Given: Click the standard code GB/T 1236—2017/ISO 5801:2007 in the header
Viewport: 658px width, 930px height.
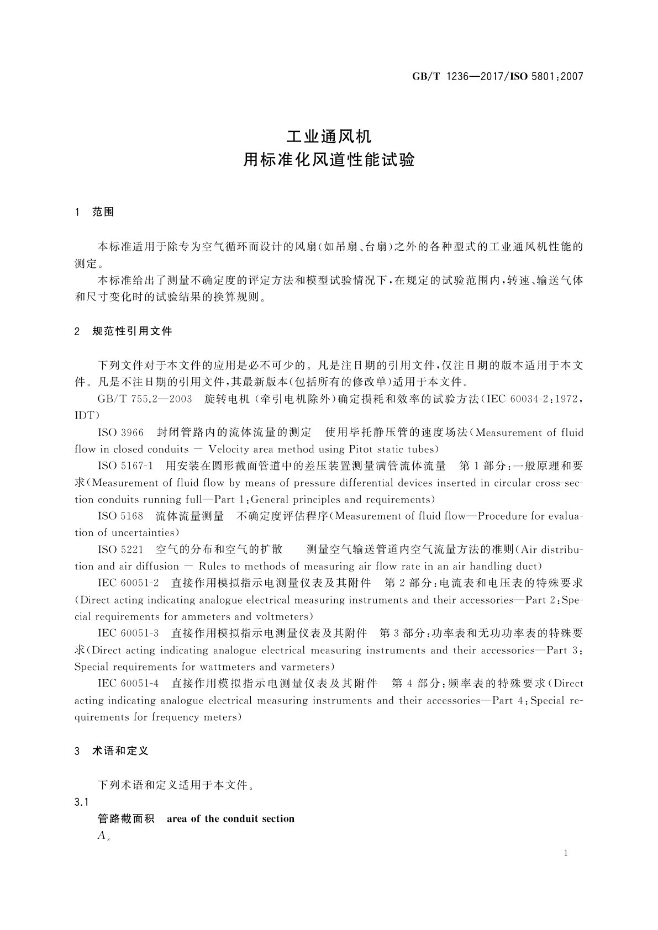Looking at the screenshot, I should [x=497, y=77].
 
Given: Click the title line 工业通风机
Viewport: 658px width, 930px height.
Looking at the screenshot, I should [x=329, y=135].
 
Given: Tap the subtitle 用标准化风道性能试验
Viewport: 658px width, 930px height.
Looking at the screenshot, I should [x=329, y=161].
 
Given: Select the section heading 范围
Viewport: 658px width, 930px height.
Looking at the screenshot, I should [x=103, y=212].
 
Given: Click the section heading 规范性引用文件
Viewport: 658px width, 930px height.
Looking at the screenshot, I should [x=132, y=331].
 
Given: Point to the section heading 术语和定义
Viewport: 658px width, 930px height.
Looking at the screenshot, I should [x=120, y=751].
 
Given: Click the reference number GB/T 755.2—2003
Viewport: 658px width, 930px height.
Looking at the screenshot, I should [x=144, y=399].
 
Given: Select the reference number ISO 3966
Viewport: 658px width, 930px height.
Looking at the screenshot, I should [x=120, y=432].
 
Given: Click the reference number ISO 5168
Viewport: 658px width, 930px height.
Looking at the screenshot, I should [x=120, y=516].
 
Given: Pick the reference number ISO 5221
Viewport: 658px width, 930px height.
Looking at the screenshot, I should [x=120, y=549].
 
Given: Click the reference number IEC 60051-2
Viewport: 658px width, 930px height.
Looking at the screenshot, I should [x=128, y=583].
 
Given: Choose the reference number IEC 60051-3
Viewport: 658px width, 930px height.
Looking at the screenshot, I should [x=128, y=633].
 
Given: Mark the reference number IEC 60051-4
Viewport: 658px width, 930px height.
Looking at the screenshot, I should [x=128, y=684].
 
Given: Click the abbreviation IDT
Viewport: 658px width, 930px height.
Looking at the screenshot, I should [x=87, y=415].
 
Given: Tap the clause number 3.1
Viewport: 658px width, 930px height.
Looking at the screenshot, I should [x=82, y=802].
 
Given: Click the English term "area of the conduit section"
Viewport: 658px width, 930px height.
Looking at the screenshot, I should [x=230, y=819].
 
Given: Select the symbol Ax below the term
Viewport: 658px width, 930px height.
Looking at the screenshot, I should [x=104, y=836].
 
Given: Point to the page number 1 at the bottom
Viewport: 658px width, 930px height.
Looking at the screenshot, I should [x=565, y=853].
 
